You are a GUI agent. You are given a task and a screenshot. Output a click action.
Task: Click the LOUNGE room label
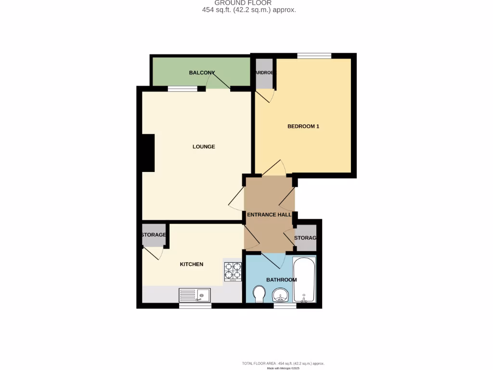(x=204, y=146)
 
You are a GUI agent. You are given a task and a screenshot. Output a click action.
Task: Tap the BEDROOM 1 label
(x=303, y=127)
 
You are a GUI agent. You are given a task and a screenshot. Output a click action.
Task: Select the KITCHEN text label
(x=192, y=264)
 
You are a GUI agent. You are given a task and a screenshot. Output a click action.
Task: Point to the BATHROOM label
(x=282, y=279)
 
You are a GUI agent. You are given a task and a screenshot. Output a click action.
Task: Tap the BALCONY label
(x=202, y=73)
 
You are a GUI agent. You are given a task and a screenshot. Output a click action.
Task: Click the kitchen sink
(x=195, y=295)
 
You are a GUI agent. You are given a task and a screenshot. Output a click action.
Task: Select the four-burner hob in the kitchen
(x=233, y=271)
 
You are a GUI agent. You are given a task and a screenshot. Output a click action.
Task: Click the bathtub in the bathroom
(x=304, y=279)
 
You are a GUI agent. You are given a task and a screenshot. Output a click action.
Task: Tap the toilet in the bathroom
(x=259, y=293)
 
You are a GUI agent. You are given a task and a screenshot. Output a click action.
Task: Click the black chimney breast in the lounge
(x=148, y=153)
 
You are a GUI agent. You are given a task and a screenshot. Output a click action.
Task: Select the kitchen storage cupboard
(x=154, y=235)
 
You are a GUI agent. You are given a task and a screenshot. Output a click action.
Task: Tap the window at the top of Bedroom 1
(x=313, y=56)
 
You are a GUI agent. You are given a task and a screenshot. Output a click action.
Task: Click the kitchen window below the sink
(x=195, y=305)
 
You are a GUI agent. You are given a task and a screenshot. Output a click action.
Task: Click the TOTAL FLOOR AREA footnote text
(x=286, y=363)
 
